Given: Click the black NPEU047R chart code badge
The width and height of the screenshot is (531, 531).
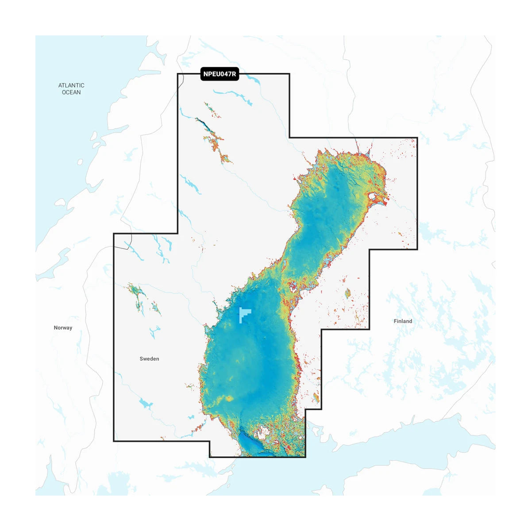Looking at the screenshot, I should click(220, 74).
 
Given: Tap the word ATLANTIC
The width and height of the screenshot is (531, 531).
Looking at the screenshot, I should click(71, 85).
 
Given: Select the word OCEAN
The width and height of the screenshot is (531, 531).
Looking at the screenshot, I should click(71, 92).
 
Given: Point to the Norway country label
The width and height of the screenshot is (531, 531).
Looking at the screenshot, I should click(63, 328).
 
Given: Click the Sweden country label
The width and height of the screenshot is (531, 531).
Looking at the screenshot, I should click(149, 359).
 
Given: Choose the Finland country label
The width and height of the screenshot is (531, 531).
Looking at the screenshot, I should click(403, 321).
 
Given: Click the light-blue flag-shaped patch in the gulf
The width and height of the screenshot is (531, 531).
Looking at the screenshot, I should click(244, 314).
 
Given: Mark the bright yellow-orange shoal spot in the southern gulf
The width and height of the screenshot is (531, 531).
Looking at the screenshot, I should click(229, 399).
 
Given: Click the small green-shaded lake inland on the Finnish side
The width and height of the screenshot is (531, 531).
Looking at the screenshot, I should click(348, 293).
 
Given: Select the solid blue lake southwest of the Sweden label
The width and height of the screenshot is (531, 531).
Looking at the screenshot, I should click(145, 403).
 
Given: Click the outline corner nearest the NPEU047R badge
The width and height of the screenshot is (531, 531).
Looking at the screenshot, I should click(178, 74).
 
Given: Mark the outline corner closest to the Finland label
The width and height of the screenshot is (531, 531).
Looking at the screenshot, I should click(369, 329).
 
